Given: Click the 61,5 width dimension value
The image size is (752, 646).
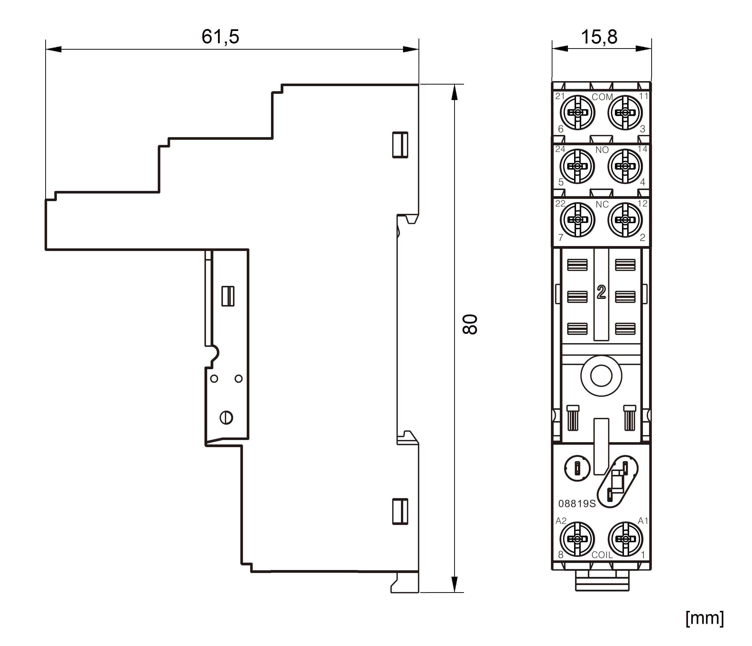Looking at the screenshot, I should (x=220, y=37).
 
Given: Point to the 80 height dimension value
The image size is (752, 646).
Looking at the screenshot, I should (x=470, y=324).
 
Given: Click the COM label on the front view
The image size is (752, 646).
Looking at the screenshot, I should (x=602, y=97).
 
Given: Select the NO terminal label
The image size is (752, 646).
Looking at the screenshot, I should (x=602, y=150).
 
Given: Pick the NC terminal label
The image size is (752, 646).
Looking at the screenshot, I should (x=602, y=205).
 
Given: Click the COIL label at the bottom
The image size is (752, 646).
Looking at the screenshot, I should (x=602, y=555).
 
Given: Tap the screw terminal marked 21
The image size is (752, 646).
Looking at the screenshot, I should (x=578, y=113).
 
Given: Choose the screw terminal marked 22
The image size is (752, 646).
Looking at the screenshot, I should (x=578, y=220).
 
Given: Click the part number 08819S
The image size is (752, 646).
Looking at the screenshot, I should (x=577, y=504).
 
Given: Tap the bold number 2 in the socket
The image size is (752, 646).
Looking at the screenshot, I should (x=601, y=292).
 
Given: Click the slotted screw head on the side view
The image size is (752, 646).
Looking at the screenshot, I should (x=226, y=418).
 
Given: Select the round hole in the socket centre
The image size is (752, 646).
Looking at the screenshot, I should (x=601, y=376).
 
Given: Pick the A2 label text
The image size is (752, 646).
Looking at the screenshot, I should (x=561, y=521).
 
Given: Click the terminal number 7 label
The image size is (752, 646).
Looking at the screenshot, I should (x=561, y=237).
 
